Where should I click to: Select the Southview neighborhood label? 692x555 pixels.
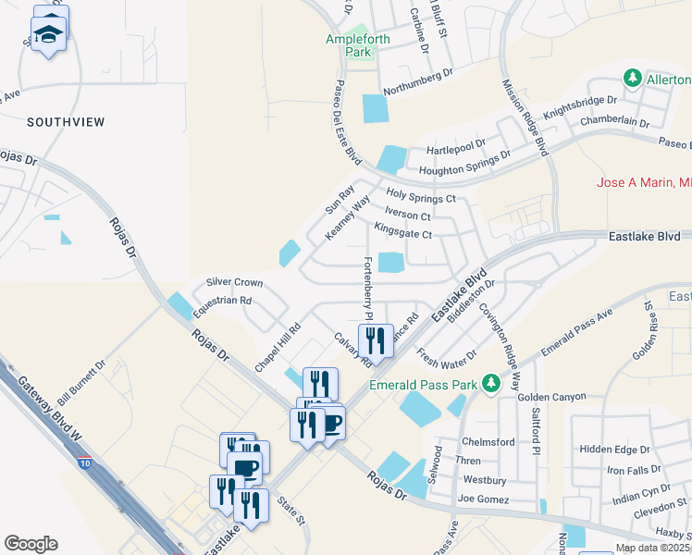click(66, 122)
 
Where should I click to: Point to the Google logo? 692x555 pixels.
click(31, 544)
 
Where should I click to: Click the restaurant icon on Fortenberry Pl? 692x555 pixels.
click(376, 340)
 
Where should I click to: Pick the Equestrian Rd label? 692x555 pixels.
click(221, 301)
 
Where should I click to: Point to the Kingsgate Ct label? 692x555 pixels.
click(403, 235)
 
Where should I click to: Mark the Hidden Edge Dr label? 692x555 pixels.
click(615, 450)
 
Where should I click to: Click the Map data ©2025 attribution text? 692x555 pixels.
click(652, 548)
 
